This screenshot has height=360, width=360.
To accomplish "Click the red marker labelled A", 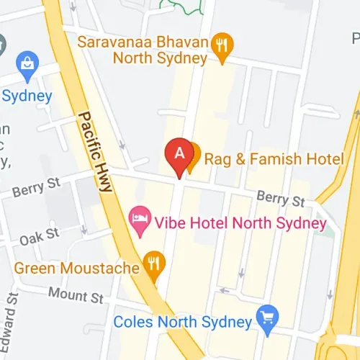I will [x=179, y=153].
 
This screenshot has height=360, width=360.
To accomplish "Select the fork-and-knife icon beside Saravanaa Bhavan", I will [x=222, y=45].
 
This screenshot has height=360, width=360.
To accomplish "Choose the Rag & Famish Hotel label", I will [x=275, y=157].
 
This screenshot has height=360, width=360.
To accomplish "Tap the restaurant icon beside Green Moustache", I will [x=153, y=263].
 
